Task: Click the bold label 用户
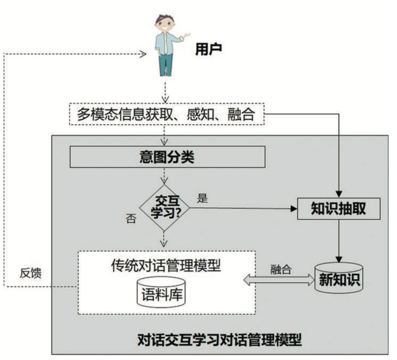point(208,50)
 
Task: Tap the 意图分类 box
point(167,157)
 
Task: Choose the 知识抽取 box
point(338,209)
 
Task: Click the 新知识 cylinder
point(338,278)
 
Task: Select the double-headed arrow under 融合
point(279,280)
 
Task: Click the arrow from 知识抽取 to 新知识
point(338,240)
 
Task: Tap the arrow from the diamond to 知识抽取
point(243,209)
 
